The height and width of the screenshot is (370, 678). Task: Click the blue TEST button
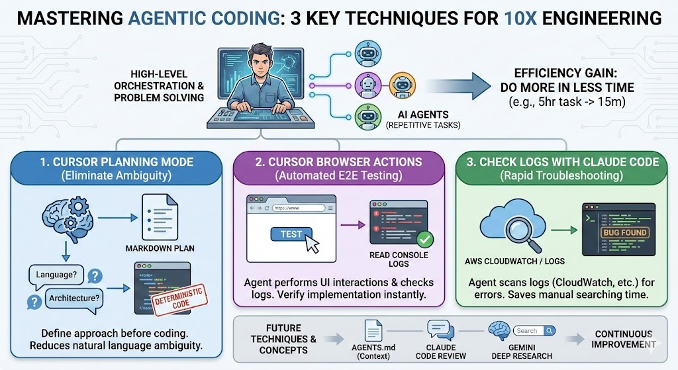point(291,234)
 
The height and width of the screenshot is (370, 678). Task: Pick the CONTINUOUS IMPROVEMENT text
point(624,339)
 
